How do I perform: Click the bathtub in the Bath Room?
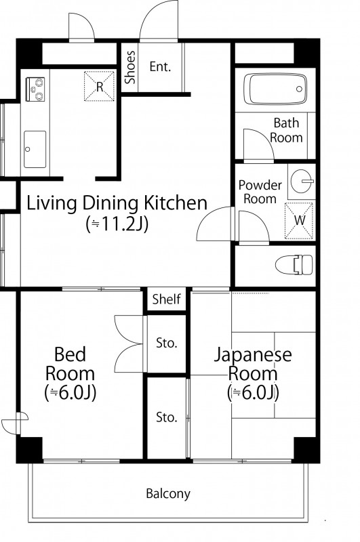pyautogui.click(x=275, y=89)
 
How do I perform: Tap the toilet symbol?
pyautogui.click(x=294, y=265)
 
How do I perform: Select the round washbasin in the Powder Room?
pyautogui.click(x=302, y=181)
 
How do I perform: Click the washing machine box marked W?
pyautogui.click(x=299, y=221)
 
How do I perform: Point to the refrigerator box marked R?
pyautogui.click(x=99, y=86)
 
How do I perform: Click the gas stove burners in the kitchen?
pyautogui.click(x=35, y=89)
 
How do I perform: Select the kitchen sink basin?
pyautogui.click(x=35, y=149)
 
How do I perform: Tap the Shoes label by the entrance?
pyautogui.click(x=130, y=67)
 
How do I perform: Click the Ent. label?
pyautogui.click(x=160, y=66)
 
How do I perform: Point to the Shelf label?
pyautogui.click(x=166, y=299)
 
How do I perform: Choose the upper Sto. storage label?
pyautogui.click(x=166, y=343)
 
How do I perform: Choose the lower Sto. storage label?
pyautogui.click(x=166, y=417)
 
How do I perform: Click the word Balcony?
pyautogui.click(x=168, y=494)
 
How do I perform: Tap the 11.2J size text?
pyautogui.click(x=117, y=224)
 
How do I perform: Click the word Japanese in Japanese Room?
pyautogui.click(x=253, y=355)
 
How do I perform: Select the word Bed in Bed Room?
pyautogui.click(x=70, y=354)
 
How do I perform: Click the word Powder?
pyautogui.click(x=260, y=185)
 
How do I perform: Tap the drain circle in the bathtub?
pyautogui.click(x=299, y=89)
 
